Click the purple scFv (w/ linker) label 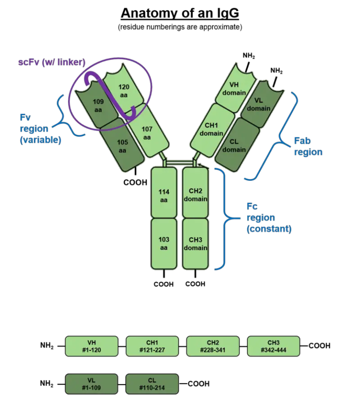pyautogui.click(x=52, y=63)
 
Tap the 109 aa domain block pyautogui.click(x=98, y=104)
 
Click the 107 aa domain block pyautogui.click(x=147, y=133)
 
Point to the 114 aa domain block pyautogui.click(x=164, y=195)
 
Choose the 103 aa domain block pyautogui.click(x=164, y=243)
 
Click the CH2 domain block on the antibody pyautogui.click(x=195, y=195)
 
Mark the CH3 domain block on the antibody pyautogui.click(x=195, y=244)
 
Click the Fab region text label pyautogui.click(x=308, y=146)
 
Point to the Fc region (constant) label pyautogui.click(x=269, y=218)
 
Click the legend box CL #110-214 pyautogui.click(x=152, y=384)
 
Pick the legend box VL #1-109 pyautogui.click(x=91, y=384)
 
